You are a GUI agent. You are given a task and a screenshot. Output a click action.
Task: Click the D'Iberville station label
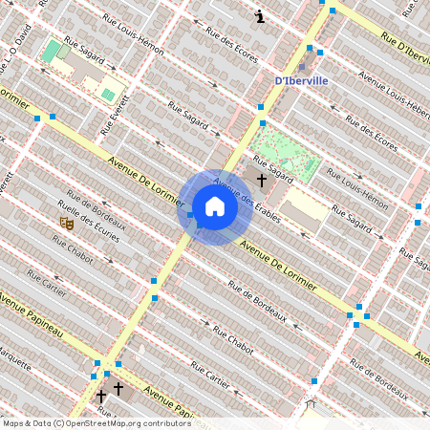(x=301, y=80)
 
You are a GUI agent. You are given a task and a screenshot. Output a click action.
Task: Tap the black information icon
(x=261, y=16)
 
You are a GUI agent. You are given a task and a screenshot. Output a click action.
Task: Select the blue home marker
(x=215, y=207)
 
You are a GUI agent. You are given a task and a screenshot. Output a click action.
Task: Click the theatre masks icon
(x=67, y=224)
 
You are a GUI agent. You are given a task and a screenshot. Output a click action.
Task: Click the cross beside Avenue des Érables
(x=261, y=179)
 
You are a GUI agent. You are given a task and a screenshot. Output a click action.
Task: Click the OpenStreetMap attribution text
(x=97, y=423)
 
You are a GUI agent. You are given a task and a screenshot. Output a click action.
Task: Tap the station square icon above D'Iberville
(x=303, y=68)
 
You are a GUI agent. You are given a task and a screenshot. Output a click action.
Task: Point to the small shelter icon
(x=309, y=404)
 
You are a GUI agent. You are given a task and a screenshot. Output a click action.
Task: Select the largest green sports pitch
(x=51, y=51)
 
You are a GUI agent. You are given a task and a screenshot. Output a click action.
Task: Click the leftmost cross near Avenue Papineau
(x=100, y=395)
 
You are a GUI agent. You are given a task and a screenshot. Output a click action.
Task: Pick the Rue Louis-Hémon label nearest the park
(x=357, y=187)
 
